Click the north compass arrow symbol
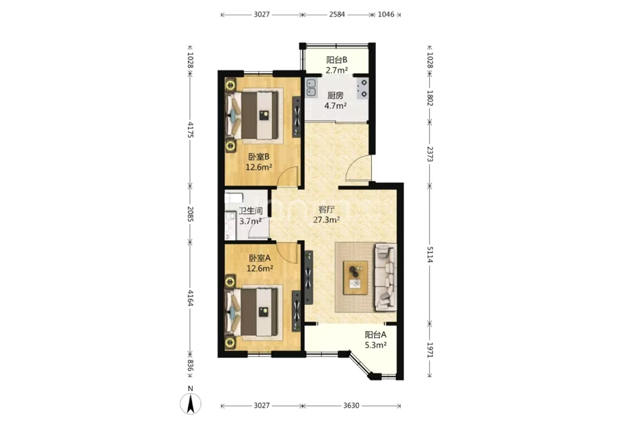pyautogui.click(x=190, y=404)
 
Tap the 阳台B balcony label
pyautogui.click(x=337, y=60)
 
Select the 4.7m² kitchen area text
pyautogui.click(x=336, y=106)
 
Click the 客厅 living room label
pyautogui.click(x=327, y=209)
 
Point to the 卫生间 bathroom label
pyautogui.click(x=251, y=211)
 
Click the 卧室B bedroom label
pyautogui.click(x=259, y=157)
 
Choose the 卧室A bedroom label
pyautogui.click(x=260, y=258)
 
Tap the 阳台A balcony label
pyautogui.click(x=376, y=334)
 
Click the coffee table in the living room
pyautogui.click(x=355, y=278)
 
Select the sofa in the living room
pyautogui.click(x=386, y=276)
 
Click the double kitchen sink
pyautogui.click(x=311, y=88)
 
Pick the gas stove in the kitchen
pyautogui.click(x=363, y=88)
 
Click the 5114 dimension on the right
pyautogui.click(x=430, y=254)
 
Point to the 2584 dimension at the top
pyautogui.click(x=337, y=14)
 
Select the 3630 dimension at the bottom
pyautogui.click(x=351, y=406)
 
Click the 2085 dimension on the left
pyautogui.click(x=191, y=214)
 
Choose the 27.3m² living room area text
pyautogui.click(x=326, y=220)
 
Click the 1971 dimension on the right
pyautogui.click(x=430, y=350)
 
